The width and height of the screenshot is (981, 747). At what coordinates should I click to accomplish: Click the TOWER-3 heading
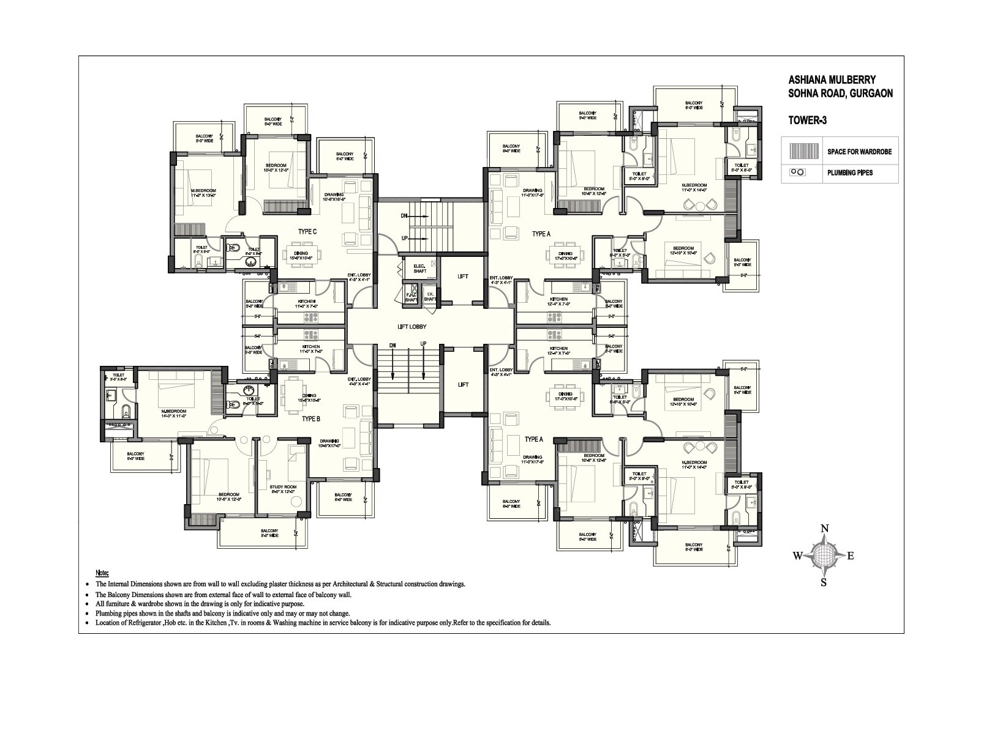pyautogui.click(x=807, y=121)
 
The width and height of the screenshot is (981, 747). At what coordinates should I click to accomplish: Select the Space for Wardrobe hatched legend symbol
pyautogui.click(x=803, y=151)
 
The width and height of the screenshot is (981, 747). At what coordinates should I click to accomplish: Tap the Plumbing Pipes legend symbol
pyautogui.click(x=797, y=173)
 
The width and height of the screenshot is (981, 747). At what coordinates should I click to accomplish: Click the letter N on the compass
pyautogui.click(x=825, y=529)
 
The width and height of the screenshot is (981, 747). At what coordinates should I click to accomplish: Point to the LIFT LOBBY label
pyautogui.click(x=412, y=327)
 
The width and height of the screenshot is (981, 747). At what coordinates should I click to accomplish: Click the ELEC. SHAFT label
pyautogui.click(x=419, y=268)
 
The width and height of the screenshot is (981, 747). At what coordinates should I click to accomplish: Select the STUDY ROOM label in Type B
pyautogui.click(x=282, y=489)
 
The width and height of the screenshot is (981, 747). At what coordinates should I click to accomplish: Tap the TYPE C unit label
pyautogui.click(x=307, y=232)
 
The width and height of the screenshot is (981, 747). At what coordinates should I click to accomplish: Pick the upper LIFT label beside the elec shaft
pyautogui.click(x=463, y=277)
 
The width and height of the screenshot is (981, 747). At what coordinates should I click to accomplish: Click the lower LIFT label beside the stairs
pyautogui.click(x=463, y=384)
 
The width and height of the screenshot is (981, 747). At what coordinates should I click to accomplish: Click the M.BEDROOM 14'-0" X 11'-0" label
pyautogui.click(x=173, y=413)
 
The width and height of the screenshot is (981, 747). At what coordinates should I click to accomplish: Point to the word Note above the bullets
pyautogui.click(x=102, y=573)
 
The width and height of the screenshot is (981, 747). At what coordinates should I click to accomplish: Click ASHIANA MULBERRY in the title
pyautogui.click(x=832, y=80)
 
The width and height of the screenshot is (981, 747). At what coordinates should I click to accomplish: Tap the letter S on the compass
pyautogui.click(x=824, y=583)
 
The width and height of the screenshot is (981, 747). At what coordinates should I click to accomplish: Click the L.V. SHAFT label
pyautogui.click(x=430, y=296)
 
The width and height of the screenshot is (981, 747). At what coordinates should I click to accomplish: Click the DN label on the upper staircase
pyautogui.click(x=404, y=216)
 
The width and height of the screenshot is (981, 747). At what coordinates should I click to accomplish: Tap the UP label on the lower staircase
pyautogui.click(x=423, y=345)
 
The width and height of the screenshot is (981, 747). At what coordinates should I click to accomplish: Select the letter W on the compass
pyautogui.click(x=798, y=556)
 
